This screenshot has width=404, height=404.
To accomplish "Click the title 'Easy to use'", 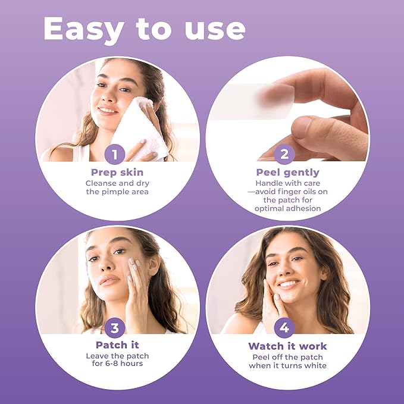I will (x=144, y=29).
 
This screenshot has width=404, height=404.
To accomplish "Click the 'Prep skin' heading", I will (x=117, y=173).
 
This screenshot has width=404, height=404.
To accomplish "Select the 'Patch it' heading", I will (x=117, y=345).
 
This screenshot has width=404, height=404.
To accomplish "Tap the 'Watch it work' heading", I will (x=287, y=346).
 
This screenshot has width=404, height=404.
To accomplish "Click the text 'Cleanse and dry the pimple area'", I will (x=117, y=187).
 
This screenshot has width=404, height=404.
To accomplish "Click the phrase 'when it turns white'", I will (x=288, y=365).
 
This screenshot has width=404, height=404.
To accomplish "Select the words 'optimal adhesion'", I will (x=288, y=209).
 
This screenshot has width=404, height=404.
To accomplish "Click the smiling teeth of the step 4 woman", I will (x=288, y=284).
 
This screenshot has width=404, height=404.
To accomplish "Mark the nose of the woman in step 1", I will (x=107, y=95).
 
